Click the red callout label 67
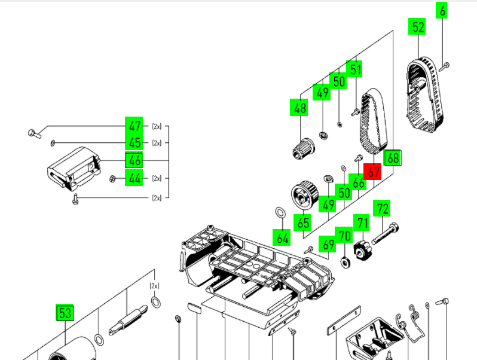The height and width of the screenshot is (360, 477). coord(372,172)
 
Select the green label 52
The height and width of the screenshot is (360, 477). coord(417,26)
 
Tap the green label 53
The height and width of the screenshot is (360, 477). coord(65,313)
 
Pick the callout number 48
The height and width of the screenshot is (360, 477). coord(299,108)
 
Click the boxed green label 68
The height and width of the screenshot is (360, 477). coord(393,158)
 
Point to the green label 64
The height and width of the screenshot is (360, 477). coord(282,237)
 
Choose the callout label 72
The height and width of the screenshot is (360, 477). coord(382,209)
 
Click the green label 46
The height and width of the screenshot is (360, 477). coord(134,160)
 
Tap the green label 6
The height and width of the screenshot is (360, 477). coord(441,10)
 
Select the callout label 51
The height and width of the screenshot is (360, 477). coord(354,69)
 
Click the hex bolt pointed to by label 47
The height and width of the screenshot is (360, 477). coord(35,133)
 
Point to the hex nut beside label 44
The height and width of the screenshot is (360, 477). coord(112,179)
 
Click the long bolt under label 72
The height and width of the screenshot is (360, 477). coord(386,233)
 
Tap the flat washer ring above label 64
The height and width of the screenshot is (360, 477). coord(280,212)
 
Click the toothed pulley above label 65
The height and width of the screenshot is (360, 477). coord(305,195)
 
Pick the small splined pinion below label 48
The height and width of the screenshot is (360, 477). coord(304,149)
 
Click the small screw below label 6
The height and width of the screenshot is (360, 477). coord(444,66)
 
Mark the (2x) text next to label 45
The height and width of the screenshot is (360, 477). coord(157,143)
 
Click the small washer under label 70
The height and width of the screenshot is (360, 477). coord(345,263)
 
